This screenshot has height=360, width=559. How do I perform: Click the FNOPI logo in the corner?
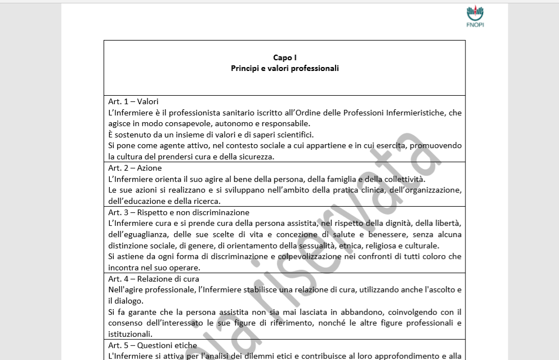click(475, 17)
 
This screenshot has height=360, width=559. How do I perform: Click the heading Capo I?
click(284, 57)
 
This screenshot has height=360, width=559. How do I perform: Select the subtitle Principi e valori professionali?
click(284, 68)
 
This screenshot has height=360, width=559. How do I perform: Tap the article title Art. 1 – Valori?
click(133, 101)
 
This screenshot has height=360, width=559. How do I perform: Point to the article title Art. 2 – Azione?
click(135, 168)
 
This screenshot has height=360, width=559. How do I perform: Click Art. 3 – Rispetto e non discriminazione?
click(178, 212)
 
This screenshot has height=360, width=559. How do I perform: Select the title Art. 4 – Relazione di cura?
click(154, 279)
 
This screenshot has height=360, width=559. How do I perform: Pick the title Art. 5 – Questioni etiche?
click(153, 345)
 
